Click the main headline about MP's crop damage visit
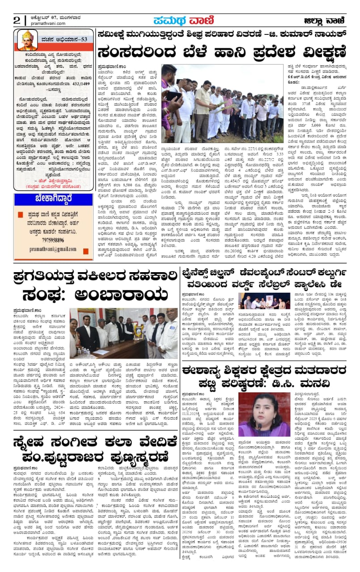(221, 52)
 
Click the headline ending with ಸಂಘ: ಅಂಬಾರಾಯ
(96, 285)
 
